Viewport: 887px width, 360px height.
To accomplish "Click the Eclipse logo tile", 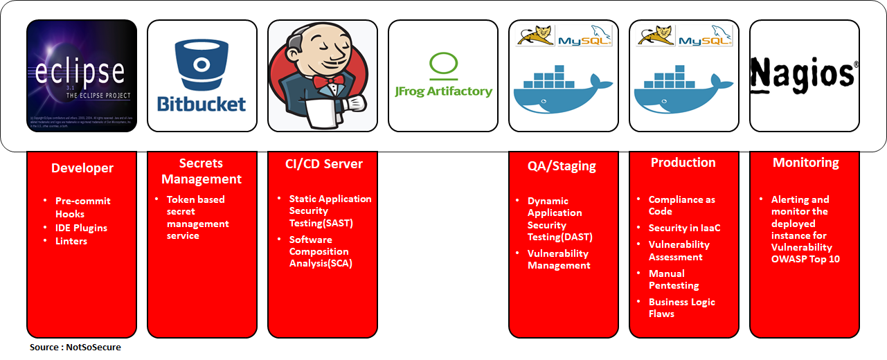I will point(82,75).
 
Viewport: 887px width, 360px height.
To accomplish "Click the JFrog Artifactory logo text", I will point(443,91).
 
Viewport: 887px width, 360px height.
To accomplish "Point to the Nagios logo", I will point(804,73).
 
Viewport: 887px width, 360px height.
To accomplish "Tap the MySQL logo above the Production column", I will point(705,37).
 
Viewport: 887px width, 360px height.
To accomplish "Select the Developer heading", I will point(82,168).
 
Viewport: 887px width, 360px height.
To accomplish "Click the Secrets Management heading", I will point(201,171).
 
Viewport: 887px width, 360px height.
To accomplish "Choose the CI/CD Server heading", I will point(323,164).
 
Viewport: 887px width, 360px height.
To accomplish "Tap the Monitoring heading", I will point(805,163).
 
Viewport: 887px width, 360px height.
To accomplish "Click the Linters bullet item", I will point(71,241).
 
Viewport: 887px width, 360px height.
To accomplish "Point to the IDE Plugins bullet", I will point(81,228).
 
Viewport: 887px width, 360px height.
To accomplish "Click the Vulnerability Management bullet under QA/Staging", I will point(559,260).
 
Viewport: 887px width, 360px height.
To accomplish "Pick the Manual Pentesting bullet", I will point(674,280).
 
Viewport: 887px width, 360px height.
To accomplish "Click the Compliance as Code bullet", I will point(681,206).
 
